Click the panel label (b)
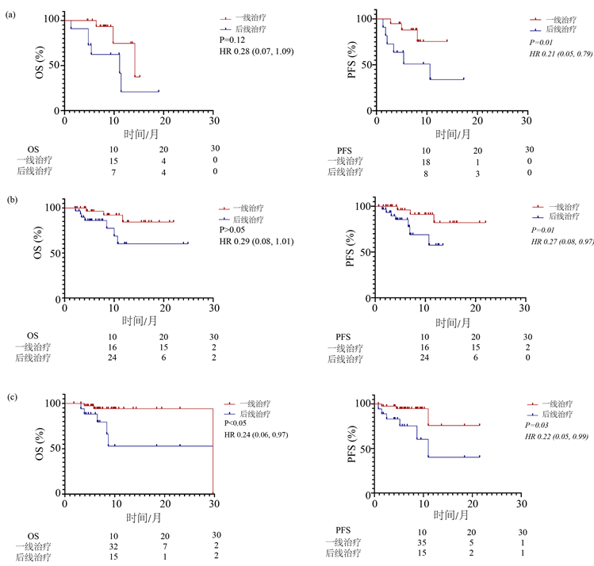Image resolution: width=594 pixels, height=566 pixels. point(10,192)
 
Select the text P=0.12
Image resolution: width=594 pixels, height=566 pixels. point(233,39)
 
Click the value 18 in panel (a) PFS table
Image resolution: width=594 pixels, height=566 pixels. point(424,161)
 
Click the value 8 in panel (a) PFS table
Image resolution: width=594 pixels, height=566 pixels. point(424,172)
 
